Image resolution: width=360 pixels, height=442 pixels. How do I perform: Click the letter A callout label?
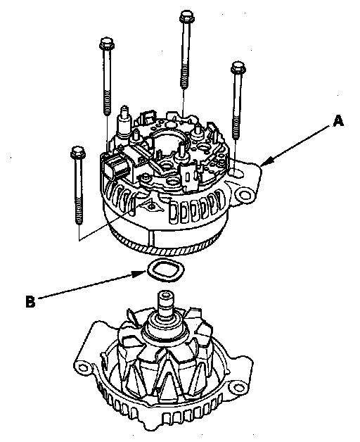tap(338, 121)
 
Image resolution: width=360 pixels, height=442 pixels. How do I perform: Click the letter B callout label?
tap(30, 301)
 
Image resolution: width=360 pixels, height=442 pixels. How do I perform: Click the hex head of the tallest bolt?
tap(187, 16)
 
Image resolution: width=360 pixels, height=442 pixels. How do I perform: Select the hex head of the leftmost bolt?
tap(77, 152)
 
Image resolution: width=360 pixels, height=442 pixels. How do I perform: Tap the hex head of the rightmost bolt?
tap(238, 67)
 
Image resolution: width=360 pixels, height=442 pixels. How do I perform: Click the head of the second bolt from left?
tap(106, 43)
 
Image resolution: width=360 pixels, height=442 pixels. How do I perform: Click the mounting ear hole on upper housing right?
tap(244, 194)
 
